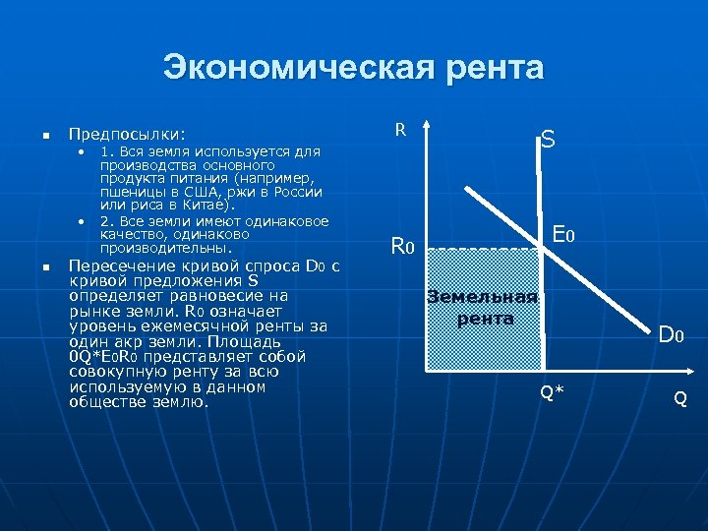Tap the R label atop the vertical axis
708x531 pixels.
(x=400, y=129)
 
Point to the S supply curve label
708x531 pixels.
(x=548, y=141)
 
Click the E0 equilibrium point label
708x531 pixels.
(x=563, y=236)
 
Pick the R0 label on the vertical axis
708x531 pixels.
(x=404, y=246)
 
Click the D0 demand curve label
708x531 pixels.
(x=672, y=335)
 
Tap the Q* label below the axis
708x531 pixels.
(x=552, y=393)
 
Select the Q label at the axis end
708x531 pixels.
(x=679, y=399)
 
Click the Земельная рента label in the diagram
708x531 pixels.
(x=483, y=307)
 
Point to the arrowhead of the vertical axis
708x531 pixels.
(x=427, y=126)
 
